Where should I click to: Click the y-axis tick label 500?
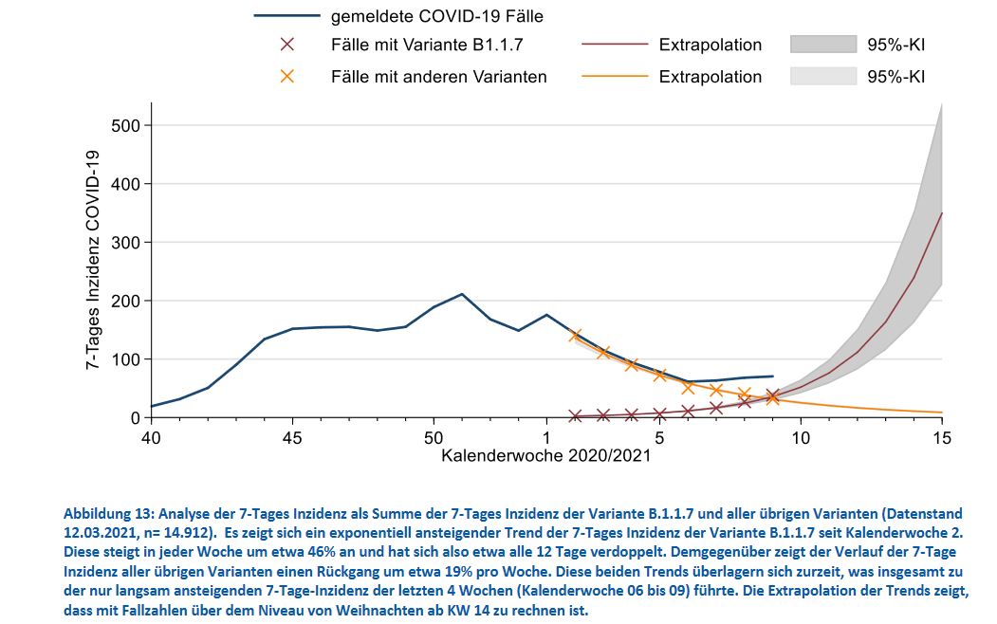pos(125,126)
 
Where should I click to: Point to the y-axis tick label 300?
pos(125,243)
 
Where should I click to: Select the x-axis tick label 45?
pos(292,438)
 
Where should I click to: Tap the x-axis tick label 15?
pos(941,438)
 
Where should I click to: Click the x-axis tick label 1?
pos(546,438)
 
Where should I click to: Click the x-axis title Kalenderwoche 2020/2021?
pos(546,455)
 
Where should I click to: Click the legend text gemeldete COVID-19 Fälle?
pos(437,16)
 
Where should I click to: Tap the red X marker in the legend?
pos(287,45)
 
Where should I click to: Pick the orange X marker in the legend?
pos(287,77)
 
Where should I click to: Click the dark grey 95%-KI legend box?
pos(822,45)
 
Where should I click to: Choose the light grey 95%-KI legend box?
pos(822,77)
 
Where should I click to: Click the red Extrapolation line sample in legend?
pos(613,45)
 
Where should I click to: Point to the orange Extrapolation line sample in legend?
pos(613,77)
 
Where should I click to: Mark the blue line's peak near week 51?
pos(462,294)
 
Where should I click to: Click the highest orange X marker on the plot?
pos(575,335)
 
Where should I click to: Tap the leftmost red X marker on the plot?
pos(575,415)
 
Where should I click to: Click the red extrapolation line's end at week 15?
pos(941,213)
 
